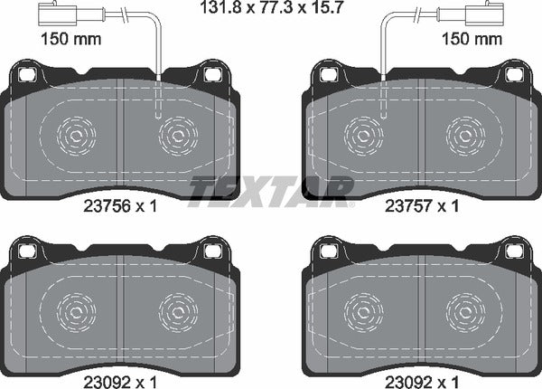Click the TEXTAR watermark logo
(271, 189)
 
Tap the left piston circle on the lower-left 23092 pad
(75, 312)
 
